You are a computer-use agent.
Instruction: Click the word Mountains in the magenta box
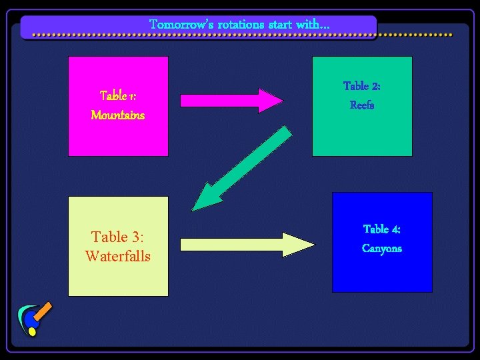tap(117, 115)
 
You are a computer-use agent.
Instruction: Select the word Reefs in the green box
tap(362, 105)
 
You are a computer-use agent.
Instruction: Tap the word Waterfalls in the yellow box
tap(118, 256)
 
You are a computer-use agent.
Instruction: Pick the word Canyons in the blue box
tap(382, 249)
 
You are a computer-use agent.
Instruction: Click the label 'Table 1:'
tap(117, 96)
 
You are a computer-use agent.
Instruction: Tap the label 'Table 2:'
tap(362, 86)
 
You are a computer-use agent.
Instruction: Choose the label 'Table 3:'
tap(118, 237)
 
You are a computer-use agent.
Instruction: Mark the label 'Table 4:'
tap(382, 229)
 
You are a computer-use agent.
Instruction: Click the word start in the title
tap(280, 25)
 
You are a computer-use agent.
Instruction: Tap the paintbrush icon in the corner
tap(35, 319)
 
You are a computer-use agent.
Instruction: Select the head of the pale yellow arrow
tap(300, 245)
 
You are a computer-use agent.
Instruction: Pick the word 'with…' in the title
tap(313, 25)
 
